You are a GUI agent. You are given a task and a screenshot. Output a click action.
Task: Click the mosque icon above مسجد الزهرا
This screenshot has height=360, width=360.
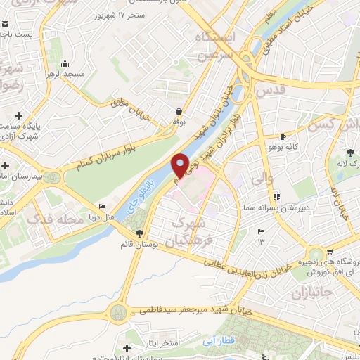tap(65, 63)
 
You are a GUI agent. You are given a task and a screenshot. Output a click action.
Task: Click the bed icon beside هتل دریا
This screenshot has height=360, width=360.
tap(103, 207)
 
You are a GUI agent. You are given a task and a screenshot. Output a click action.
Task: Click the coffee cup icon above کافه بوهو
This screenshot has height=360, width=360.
tap(283, 136)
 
